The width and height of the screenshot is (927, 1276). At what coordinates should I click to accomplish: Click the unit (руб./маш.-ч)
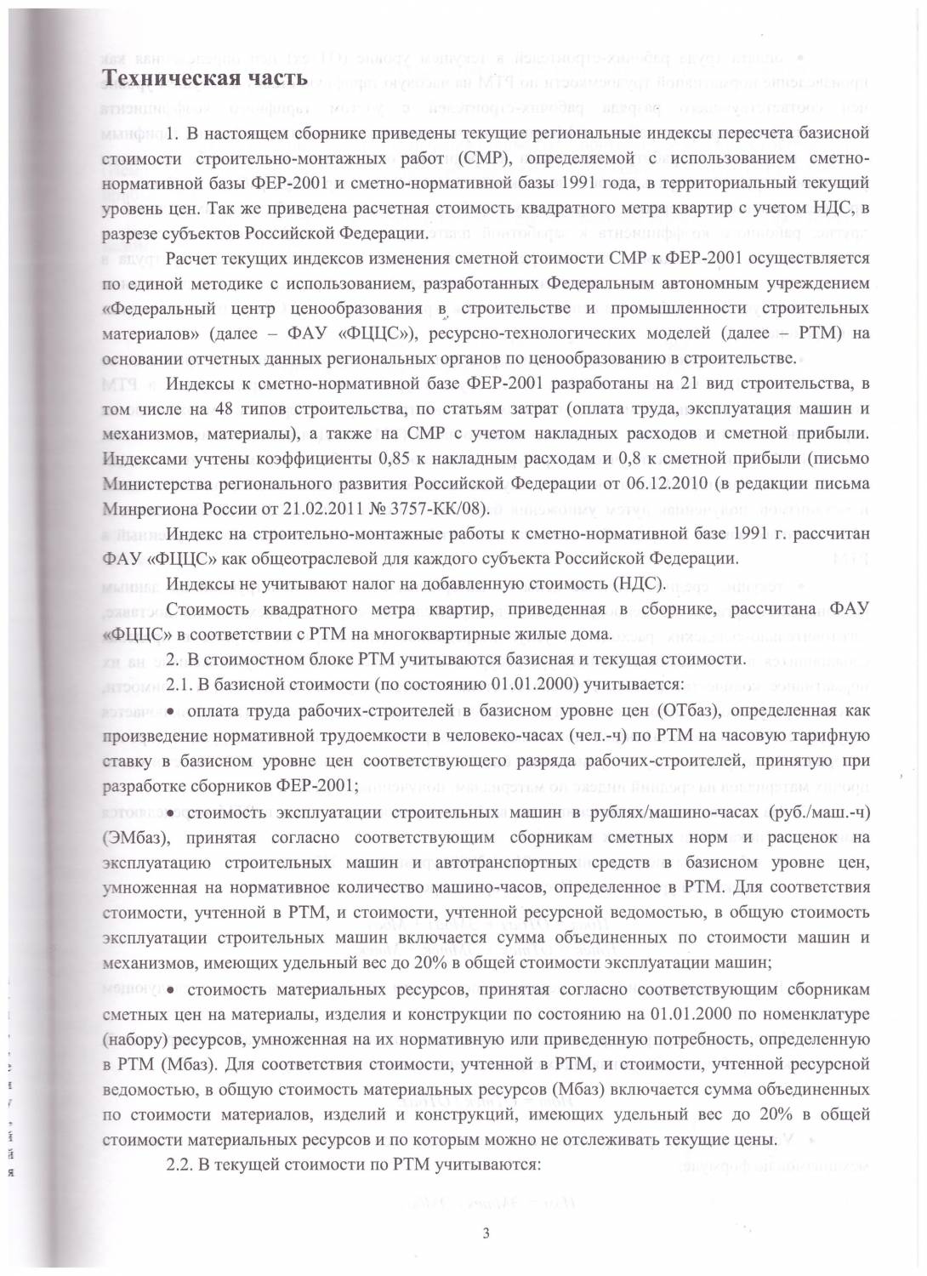(x=818, y=813)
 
